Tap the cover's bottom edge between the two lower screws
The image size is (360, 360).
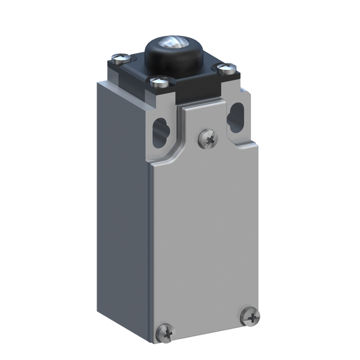coord(209,331)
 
